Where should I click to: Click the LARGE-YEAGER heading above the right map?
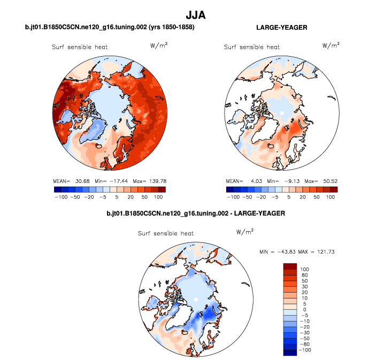[x=281, y=27]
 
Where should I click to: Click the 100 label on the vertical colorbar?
[x=305, y=269]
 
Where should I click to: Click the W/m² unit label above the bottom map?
[x=244, y=231]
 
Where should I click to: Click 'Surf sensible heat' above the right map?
[x=251, y=47]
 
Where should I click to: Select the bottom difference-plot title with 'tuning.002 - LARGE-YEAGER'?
[x=196, y=213]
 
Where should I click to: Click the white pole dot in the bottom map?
[x=196, y=298]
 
